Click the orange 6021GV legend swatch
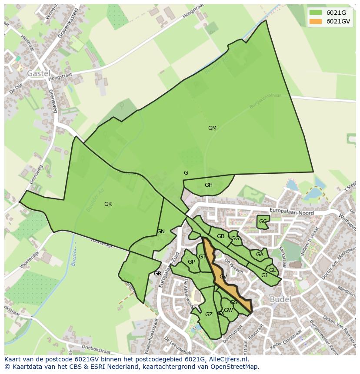pos(317,21)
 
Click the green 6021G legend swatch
pos(317,13)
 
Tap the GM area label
pos(212,128)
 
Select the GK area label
pos(108,204)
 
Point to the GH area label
pos(209,185)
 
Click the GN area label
pos(161,232)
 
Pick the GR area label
pos(157,274)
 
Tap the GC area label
pos(263,222)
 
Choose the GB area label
pos(220,236)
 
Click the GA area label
pos(260,255)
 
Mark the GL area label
pos(272,270)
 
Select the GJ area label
pos(264,275)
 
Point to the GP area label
pos(191,262)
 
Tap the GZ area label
pos(209,314)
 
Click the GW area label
pos(229,310)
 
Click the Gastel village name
pos(39,73)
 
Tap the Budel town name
pos(280,300)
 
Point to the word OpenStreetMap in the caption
pos(236,366)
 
